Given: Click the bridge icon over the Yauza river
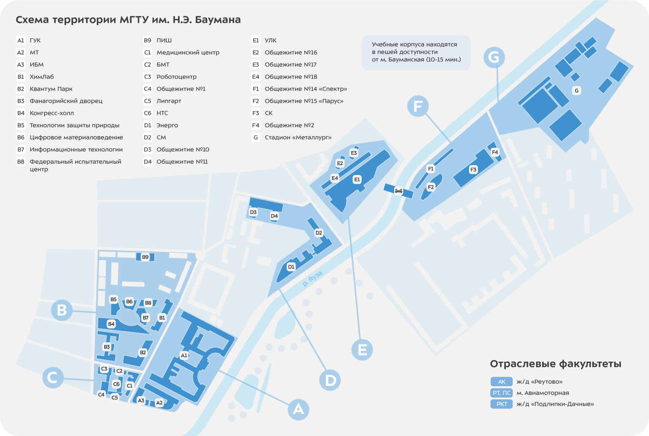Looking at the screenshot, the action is (398, 191).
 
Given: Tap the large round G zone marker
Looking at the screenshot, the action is (494, 57).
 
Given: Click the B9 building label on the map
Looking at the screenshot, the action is (145, 257).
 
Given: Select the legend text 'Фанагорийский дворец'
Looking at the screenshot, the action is (66, 101).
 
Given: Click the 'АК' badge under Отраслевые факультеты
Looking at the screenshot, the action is (501, 382).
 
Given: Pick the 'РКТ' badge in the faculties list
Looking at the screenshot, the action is (501, 404).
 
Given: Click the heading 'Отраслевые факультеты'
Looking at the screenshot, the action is (556, 364).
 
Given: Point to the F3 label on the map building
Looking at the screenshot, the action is (473, 169).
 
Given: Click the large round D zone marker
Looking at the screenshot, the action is (330, 380).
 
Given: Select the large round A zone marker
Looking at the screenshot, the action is (298, 409).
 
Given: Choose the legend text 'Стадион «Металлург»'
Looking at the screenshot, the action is (298, 137).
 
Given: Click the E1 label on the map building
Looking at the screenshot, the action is (357, 180).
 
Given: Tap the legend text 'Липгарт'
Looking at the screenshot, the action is (169, 101).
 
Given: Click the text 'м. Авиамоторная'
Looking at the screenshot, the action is (543, 393).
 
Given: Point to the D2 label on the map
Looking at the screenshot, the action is (319, 233).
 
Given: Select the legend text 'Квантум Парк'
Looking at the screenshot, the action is (51, 89).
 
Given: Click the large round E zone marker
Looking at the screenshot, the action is (362, 350).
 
